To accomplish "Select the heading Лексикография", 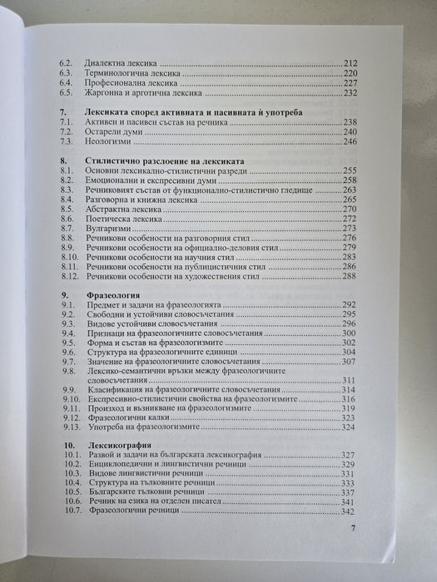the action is [119, 446].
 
